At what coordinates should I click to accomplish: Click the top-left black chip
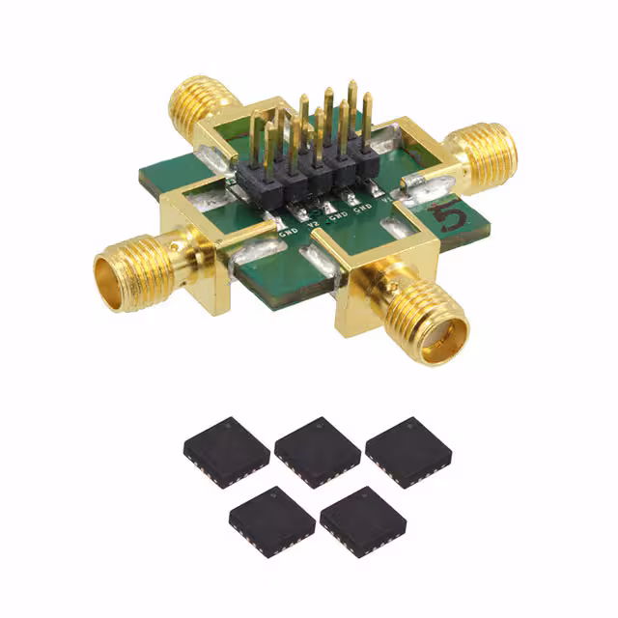[226, 450]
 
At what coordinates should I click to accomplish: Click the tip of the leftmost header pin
[255, 115]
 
